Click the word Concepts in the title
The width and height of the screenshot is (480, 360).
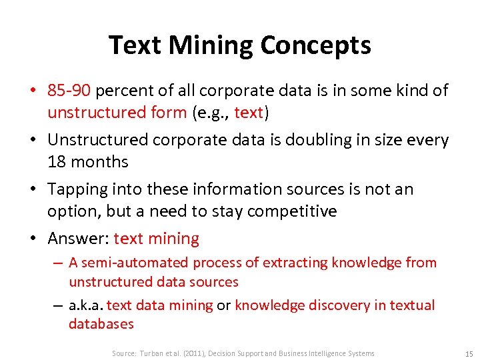pos(315,45)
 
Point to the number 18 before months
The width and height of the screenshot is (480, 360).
pos(57,162)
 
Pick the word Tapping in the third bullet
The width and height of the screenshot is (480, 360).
pos(77,189)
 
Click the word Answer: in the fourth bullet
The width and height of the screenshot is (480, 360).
pos(78,239)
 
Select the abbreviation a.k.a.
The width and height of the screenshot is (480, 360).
pos(86,305)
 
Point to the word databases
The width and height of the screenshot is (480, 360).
pos(101,325)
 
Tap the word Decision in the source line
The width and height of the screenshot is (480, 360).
pos(224,353)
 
